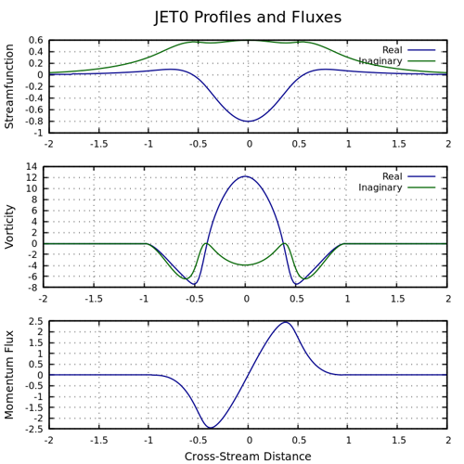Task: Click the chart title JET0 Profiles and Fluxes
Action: (248, 17)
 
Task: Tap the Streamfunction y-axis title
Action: (9, 86)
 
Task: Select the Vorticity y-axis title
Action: (9, 226)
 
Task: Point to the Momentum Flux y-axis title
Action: (9, 375)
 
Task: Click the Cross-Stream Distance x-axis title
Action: (248, 457)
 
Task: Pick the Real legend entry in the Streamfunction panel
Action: (393, 50)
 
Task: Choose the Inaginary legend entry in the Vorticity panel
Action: (380, 187)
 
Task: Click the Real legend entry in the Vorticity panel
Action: (393, 176)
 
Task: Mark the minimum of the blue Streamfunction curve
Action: (248, 122)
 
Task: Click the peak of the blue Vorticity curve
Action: (246, 176)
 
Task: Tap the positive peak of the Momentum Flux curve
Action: (286, 322)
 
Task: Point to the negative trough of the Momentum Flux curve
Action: (211, 428)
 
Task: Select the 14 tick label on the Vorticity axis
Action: (32, 167)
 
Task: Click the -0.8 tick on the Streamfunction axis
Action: (34, 122)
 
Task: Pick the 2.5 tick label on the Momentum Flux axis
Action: (35, 321)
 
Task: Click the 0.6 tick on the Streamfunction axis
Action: (35, 40)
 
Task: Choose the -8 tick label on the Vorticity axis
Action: (32, 288)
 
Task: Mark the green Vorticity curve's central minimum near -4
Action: (246, 265)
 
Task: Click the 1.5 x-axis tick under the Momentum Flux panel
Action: (399, 440)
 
